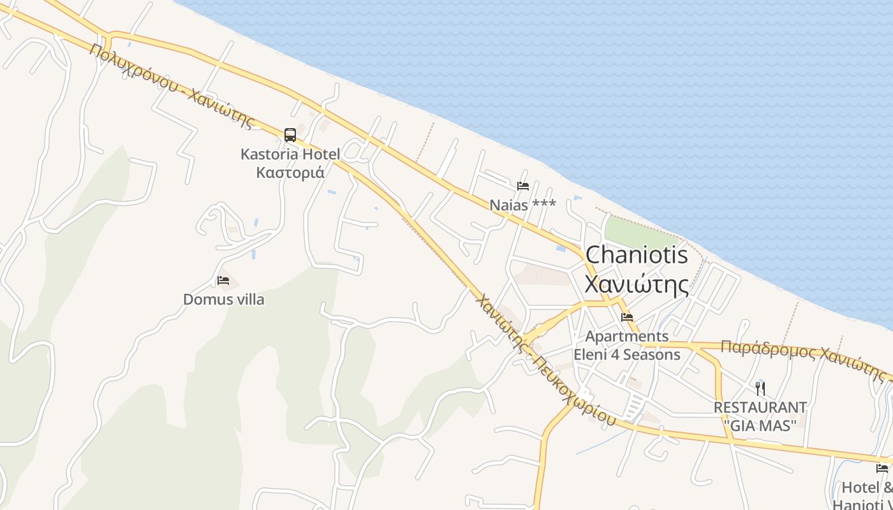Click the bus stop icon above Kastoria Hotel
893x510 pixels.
pos(290,135)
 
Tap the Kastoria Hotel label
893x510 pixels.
pos(290,154)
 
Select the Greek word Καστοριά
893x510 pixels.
pos(290,172)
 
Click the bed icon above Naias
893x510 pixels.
pos(523,186)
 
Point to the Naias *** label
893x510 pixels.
pos(522,205)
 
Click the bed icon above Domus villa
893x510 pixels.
pos(223,280)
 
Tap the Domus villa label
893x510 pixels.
pos(223,299)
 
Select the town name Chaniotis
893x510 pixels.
pos(637,255)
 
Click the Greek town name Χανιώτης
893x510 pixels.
pos(637,284)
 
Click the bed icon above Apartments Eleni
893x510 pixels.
pos(627,317)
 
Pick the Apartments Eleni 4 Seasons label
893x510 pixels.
pos(627,345)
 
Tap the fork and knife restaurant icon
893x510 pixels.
pos(760,388)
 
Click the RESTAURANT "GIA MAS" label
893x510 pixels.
pos(760,416)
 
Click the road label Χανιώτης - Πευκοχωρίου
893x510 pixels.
pos(545,360)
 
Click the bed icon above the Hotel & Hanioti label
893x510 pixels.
pos(882,469)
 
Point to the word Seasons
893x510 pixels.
pos(652,354)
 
